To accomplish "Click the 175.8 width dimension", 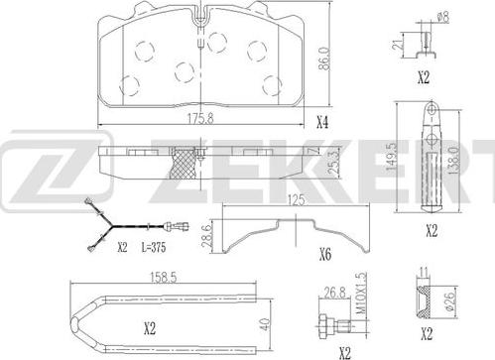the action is point(200,118).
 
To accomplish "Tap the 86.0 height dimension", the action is point(324,59).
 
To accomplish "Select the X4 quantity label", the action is point(322,123).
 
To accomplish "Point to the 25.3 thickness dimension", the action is point(334,162).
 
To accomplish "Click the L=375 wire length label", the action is point(154,247).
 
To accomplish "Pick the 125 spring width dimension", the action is point(296,200).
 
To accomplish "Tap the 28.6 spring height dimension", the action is point(205,236).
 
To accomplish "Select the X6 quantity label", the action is point(325,255).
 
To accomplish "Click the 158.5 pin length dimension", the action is point(164,277).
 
